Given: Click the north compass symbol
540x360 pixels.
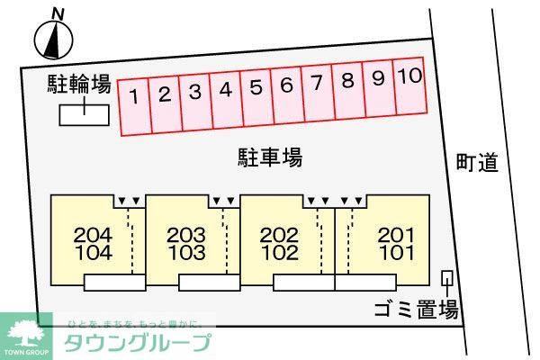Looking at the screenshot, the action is click(x=53, y=37).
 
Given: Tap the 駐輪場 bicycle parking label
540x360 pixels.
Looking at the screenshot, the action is click(x=79, y=85).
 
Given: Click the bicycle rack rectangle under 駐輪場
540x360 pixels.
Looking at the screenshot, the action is click(x=85, y=115).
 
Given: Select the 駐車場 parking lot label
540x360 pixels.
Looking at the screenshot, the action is click(x=269, y=157).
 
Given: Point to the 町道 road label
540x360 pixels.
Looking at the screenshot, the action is click(x=476, y=163).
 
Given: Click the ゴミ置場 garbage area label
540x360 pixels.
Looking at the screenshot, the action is click(x=416, y=311).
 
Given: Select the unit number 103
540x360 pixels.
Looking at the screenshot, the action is click(x=186, y=253).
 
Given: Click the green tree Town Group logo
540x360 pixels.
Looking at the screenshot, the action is click(x=26, y=335).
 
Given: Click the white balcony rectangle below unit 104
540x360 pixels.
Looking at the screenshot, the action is click(x=114, y=283).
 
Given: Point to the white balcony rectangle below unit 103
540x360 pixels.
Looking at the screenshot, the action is click(x=209, y=283).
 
